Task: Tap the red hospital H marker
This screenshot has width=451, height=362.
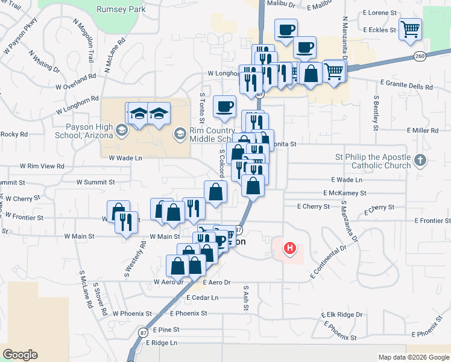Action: coord(291,248)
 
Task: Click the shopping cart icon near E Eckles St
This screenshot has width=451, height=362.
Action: coord(410,28)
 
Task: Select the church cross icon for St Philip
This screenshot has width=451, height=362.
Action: coord(421,160)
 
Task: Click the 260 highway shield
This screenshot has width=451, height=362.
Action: coord(420,56)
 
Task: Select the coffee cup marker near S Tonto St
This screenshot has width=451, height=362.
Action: coord(225,107)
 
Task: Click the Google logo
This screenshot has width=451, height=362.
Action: coord(20,355)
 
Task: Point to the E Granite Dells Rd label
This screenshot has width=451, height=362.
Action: coord(406,87)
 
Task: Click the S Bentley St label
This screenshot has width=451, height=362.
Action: coord(376,112)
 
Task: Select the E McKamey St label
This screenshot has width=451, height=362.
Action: coord(344,193)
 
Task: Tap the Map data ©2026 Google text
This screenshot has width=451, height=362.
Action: coord(413,357)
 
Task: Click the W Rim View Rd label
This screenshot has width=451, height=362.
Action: coord(42,166)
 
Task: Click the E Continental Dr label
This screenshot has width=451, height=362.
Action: coord(329,261)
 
